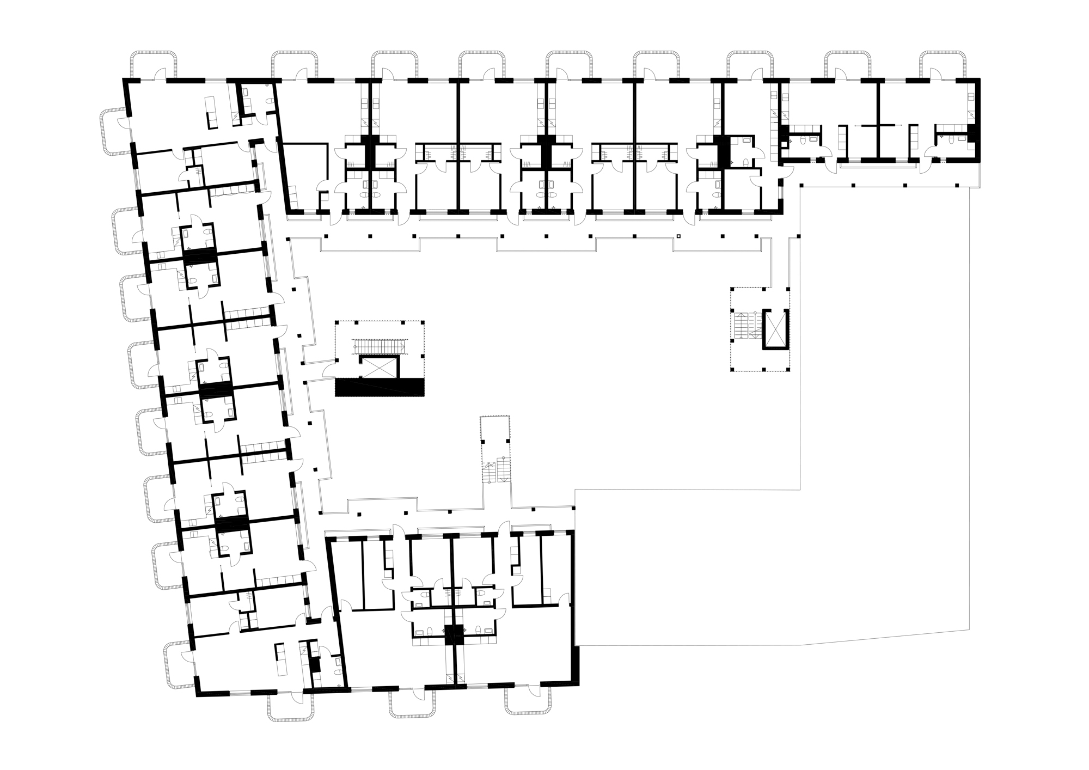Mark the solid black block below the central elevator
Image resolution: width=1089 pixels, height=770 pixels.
[380, 387]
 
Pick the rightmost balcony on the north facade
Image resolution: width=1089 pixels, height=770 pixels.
[944, 64]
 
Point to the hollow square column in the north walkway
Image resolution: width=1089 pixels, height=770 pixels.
[678, 236]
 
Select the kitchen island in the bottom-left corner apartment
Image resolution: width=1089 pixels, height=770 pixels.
[280, 659]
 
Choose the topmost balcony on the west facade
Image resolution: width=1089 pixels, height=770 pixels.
[115, 131]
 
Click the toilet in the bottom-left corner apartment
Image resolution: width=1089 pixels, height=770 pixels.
[338, 662]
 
